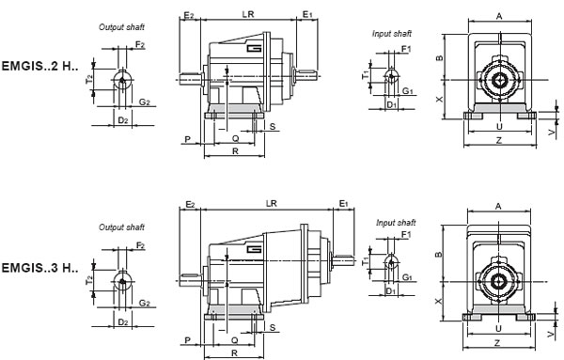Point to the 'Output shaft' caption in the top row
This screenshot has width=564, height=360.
(121, 27)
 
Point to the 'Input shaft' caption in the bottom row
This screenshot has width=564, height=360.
(396, 222)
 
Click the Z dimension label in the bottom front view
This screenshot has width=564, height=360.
(498, 345)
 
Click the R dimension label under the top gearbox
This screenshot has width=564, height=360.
(233, 150)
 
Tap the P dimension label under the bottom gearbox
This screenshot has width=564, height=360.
(189, 339)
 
